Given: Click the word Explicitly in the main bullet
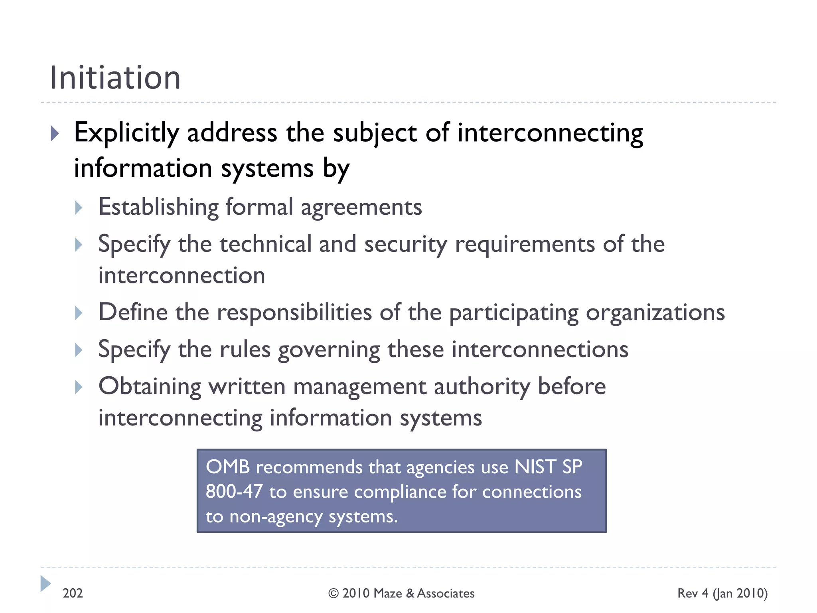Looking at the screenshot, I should (x=126, y=133).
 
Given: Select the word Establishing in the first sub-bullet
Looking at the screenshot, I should (x=158, y=207).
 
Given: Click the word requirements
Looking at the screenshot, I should (x=525, y=245).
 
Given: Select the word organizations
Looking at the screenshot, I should (x=655, y=313).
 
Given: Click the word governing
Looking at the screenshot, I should (x=329, y=350).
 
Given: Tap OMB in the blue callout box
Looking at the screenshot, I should (x=228, y=467).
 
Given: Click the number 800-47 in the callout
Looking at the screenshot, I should (x=234, y=492).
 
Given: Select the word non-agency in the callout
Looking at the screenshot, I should (x=276, y=517).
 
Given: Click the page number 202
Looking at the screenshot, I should (x=73, y=593).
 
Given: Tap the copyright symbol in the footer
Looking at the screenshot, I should (x=334, y=593).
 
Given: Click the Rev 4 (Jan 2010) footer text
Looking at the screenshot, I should (x=722, y=593).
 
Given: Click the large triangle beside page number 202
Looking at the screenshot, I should (x=45, y=583).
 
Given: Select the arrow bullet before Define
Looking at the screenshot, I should (x=79, y=313).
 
